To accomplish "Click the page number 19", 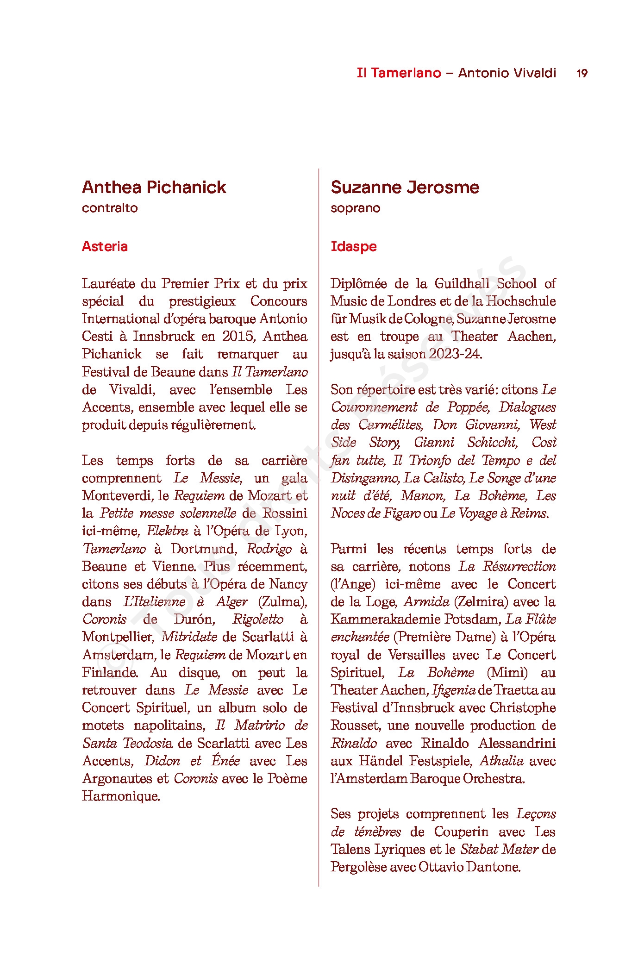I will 582,73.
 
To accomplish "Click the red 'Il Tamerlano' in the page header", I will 399,73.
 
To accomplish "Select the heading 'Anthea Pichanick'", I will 154,187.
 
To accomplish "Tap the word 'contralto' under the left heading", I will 110,208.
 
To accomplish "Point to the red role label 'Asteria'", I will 105,246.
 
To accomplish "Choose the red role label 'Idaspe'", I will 353,246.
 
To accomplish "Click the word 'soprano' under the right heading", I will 355,208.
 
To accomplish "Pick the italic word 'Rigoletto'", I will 257,619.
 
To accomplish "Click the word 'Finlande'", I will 110,672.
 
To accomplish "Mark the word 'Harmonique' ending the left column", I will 120,796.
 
